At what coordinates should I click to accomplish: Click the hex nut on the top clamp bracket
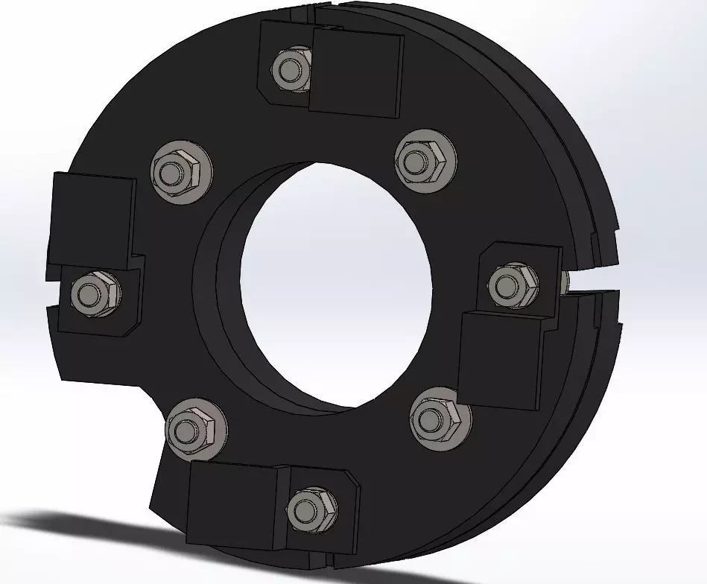(x=291, y=69)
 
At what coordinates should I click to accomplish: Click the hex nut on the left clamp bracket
(x=94, y=293)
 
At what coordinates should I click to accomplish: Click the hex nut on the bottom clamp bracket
(x=306, y=510)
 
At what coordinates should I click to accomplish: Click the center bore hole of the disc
(x=335, y=283)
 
